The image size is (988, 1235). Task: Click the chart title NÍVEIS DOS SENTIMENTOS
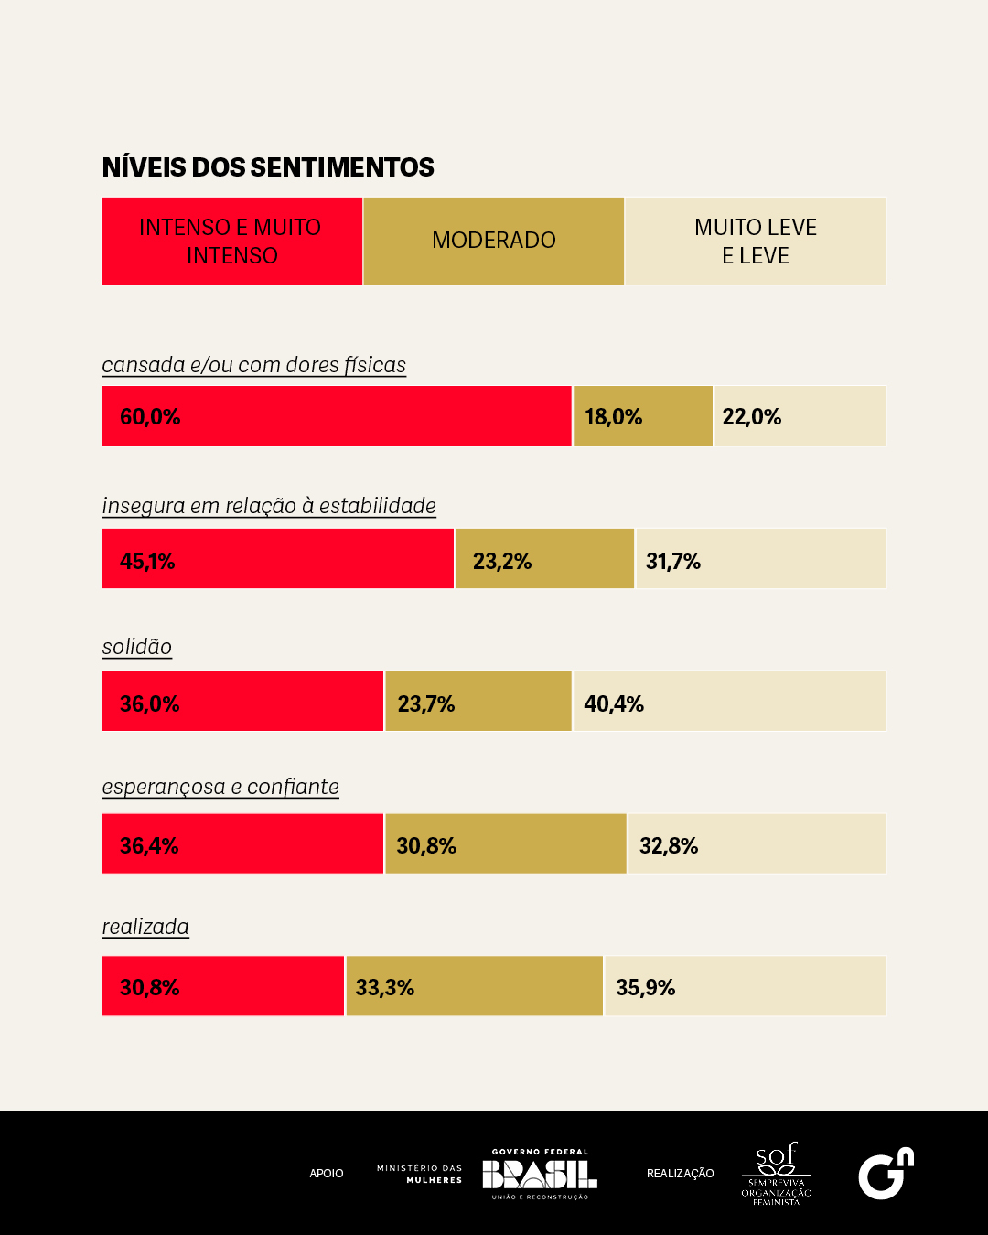click(x=268, y=167)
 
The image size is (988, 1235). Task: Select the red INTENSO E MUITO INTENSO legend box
click(x=231, y=241)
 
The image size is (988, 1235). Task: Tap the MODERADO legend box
click(x=493, y=241)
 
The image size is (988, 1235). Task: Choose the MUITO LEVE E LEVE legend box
click(x=756, y=241)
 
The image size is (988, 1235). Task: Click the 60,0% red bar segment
click(x=337, y=416)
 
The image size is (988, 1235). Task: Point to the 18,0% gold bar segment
click(x=643, y=416)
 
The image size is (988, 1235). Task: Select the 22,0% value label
click(x=752, y=417)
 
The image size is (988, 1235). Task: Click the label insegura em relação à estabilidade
click(x=269, y=506)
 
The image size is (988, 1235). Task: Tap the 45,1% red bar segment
click(x=278, y=559)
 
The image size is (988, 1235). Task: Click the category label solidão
click(x=137, y=647)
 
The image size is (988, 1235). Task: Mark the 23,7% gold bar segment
click(x=478, y=702)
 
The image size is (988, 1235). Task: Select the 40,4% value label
click(x=614, y=703)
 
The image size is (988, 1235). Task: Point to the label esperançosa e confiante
click(x=220, y=787)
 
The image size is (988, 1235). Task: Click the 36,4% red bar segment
click(x=242, y=843)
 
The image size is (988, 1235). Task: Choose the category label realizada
click(x=145, y=927)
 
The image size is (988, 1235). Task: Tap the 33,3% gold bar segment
click(x=474, y=986)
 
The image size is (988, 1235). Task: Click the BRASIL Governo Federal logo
click(x=540, y=1174)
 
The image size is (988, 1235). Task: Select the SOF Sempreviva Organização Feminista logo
click(x=776, y=1174)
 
